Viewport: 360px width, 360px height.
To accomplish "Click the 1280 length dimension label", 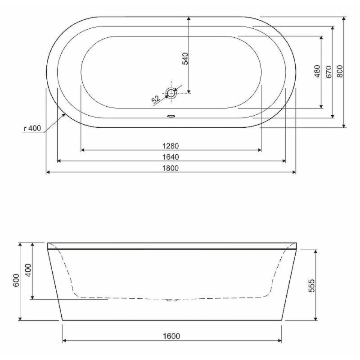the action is (x=171, y=146).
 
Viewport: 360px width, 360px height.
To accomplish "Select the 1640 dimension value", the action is (x=171, y=157).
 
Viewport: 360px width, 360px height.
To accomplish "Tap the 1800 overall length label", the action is (x=171, y=168).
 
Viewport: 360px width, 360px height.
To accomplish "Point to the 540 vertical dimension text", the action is (x=185, y=58).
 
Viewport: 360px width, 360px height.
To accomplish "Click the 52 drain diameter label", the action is (x=156, y=99).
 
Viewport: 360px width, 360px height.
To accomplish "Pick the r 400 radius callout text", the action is (x=32, y=128).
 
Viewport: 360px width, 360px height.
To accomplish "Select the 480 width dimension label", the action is (x=317, y=71).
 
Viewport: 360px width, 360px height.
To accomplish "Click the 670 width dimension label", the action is (x=329, y=72).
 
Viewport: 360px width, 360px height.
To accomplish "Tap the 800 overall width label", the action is (x=340, y=71).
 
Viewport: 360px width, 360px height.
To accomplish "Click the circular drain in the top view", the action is (x=171, y=93).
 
